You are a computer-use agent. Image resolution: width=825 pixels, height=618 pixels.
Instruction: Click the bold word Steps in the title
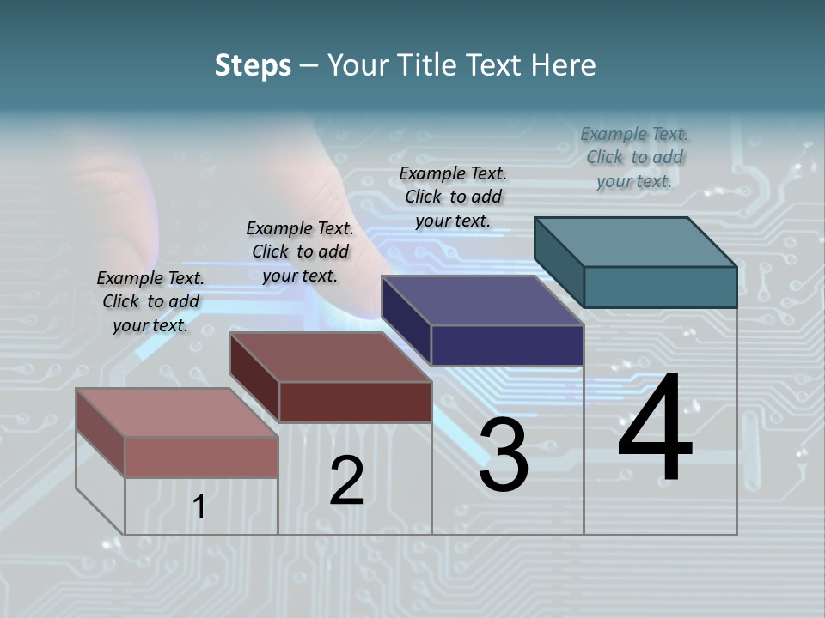[x=253, y=65]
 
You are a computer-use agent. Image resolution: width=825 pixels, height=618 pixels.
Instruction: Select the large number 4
[x=655, y=429]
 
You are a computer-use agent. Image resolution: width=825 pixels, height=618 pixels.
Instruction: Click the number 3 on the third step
[x=504, y=456]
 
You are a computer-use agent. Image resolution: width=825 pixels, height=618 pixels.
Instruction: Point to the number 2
[x=347, y=481]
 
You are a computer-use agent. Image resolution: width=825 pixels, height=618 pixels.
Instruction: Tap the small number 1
[x=199, y=507]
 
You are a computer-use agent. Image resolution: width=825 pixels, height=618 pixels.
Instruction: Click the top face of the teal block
[x=635, y=242]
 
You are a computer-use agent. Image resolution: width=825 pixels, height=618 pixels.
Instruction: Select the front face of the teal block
[x=660, y=287]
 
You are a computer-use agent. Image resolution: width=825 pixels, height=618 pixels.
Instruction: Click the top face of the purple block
[x=482, y=300]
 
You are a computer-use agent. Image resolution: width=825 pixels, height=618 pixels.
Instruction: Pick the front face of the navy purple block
[x=507, y=345]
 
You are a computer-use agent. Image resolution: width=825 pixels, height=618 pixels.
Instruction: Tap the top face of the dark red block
[x=330, y=357]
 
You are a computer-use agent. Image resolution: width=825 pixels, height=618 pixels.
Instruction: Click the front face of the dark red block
[x=355, y=402]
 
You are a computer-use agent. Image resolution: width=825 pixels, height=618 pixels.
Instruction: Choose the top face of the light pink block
[x=177, y=413]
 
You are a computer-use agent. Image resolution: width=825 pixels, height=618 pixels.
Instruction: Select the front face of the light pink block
[x=201, y=457]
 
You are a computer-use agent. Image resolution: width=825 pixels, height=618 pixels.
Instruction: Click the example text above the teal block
[x=634, y=157]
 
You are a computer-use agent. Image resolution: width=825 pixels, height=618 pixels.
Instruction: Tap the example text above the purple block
[x=453, y=197]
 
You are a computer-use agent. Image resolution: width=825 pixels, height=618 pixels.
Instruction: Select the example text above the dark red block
[x=300, y=251]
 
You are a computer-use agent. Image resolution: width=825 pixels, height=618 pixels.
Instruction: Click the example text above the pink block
[x=150, y=301]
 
